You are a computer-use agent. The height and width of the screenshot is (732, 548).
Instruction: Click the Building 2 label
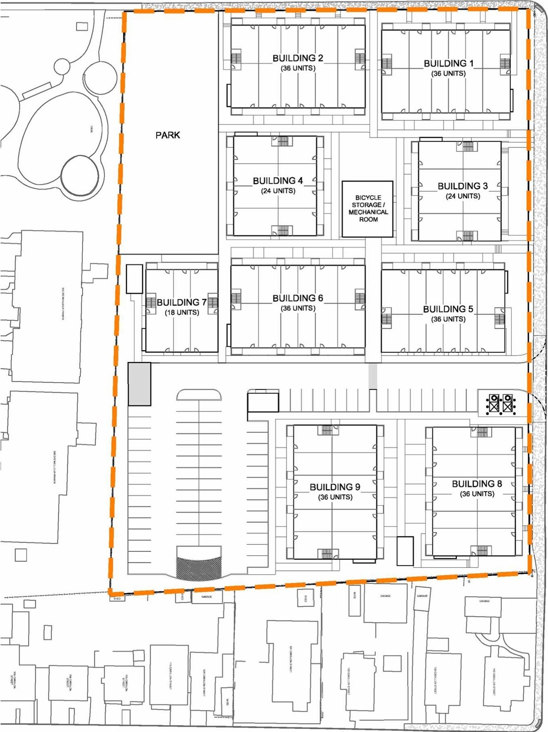(298, 58)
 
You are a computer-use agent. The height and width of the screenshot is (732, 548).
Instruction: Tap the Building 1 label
(448, 63)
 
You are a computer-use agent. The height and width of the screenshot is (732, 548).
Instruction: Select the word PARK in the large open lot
(168, 135)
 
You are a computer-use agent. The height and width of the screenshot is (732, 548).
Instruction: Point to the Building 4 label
(278, 181)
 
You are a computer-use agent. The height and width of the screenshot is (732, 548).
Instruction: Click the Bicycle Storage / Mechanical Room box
(368, 209)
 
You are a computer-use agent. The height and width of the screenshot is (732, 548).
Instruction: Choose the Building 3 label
(462, 186)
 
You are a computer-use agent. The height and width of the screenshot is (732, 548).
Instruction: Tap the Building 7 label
(182, 302)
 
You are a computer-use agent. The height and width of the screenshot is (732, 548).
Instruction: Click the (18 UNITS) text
(182, 312)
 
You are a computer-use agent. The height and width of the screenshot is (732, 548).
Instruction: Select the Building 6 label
(298, 298)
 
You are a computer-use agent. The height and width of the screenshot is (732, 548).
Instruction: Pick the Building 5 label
(448, 309)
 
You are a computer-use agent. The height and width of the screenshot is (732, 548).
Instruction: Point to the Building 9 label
(335, 487)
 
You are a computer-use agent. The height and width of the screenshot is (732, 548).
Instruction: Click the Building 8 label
(477, 484)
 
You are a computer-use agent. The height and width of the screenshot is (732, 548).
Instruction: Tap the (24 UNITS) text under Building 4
(278, 191)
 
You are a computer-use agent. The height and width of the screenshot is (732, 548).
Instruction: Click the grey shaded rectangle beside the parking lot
(140, 384)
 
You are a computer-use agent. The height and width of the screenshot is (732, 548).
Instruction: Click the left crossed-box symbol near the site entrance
(494, 403)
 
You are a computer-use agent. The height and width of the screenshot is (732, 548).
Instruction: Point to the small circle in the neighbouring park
(62, 67)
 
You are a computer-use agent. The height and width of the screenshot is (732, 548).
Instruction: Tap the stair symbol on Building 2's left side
(236, 58)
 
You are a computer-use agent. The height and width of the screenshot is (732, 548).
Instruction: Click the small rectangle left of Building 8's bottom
(405, 551)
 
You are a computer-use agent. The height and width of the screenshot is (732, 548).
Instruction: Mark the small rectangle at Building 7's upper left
(134, 279)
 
